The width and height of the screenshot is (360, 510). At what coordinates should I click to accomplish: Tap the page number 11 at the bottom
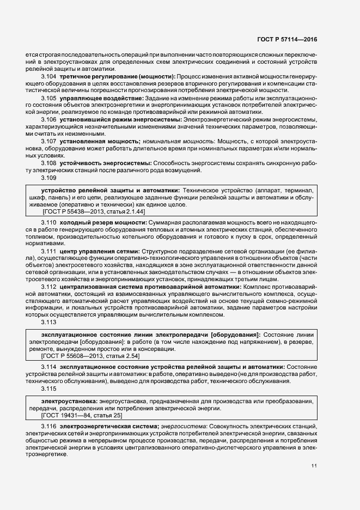pyautogui.click(x=314, y=466)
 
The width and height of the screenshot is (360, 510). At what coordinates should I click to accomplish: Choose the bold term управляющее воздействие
pyautogui.click(x=97, y=98)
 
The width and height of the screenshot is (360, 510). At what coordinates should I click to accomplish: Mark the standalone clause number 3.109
pyautogui.click(x=49, y=177)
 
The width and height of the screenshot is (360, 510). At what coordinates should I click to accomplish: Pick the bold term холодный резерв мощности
pyautogui.click(x=102, y=224)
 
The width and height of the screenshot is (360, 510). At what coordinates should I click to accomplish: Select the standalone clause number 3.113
pyautogui.click(x=49, y=322)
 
